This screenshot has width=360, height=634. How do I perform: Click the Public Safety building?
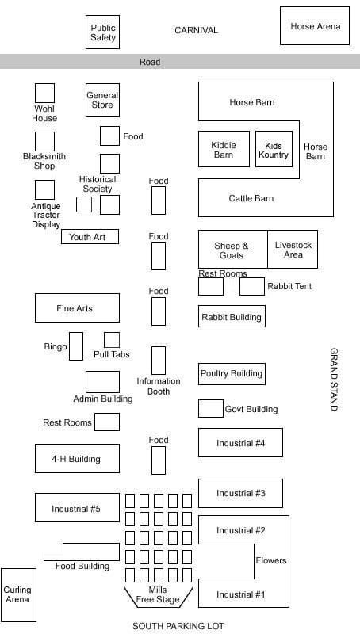pos(103,32)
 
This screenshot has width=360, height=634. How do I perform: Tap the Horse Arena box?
pos(315,25)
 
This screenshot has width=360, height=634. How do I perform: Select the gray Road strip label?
pos(150,62)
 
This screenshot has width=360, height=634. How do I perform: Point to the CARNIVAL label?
pos(196,30)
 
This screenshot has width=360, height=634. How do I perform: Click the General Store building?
pos(103,100)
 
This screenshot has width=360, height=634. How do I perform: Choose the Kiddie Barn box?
pos(224,149)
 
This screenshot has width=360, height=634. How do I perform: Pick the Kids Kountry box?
pos(274,149)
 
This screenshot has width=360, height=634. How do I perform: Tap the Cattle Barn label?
pos(251,198)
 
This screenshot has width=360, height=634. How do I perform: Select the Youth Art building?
pos(90,236)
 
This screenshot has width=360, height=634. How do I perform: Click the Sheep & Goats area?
pos(232,249)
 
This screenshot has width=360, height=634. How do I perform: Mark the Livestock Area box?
pos(293,249)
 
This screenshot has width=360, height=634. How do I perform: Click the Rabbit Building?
pos(232,316)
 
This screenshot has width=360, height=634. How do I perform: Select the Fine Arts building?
pos(77,307)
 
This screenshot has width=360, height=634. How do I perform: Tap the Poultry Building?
pos(232,373)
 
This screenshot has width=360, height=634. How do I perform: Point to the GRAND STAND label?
pos(334,380)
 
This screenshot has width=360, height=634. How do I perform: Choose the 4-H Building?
pos(77,458)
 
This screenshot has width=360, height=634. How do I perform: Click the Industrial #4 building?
pos(240,442)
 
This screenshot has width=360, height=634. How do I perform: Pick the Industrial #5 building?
pos(77,507)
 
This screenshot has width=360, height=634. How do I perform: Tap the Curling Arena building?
pos(18,595)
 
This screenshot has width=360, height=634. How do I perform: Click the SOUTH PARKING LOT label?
pos(178,626)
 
